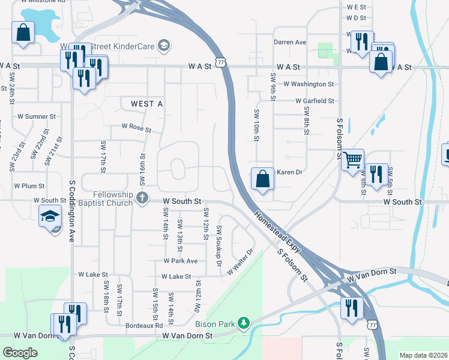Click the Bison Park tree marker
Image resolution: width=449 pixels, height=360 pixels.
point(243,324)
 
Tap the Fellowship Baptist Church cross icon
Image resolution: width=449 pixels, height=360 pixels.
point(142,198)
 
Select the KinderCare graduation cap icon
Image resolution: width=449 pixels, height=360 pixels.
point(163,46)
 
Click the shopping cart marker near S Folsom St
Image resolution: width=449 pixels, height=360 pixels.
point(352,159)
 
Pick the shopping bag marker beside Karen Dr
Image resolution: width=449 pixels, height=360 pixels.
point(262,178)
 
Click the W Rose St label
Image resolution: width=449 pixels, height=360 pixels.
point(136,127)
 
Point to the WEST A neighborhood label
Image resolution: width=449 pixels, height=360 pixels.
point(147,104)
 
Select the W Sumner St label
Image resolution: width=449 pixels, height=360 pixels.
point(36,116)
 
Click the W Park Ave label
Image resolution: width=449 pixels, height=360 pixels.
point(180,262)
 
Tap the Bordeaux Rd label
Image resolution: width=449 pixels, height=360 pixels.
point(144,325)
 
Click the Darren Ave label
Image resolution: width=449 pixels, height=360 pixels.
point(290,43)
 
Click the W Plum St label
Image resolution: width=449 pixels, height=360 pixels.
point(29,186)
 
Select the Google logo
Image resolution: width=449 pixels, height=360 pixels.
point(20,353)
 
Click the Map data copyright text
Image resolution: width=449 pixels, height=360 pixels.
point(423,355)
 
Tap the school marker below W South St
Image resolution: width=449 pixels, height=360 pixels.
point(50,216)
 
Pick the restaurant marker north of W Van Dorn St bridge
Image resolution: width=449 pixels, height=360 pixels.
point(351,308)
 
